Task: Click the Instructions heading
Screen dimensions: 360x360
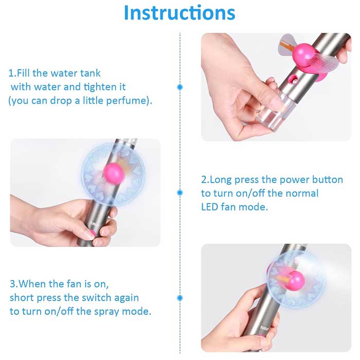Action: point(179,13)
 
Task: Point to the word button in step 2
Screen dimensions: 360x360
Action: point(328,179)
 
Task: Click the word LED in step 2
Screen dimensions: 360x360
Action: point(209,207)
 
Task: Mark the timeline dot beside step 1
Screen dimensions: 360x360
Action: point(180,87)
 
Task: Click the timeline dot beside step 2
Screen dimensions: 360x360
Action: point(180,193)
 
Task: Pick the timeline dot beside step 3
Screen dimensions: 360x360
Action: point(180,298)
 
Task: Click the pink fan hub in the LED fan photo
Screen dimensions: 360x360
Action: point(114,174)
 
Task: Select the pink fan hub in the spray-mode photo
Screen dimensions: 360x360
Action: point(296,281)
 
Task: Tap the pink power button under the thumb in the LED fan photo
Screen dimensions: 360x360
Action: point(93,233)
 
